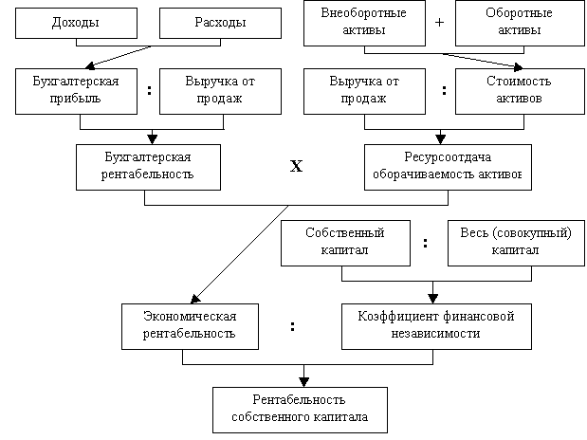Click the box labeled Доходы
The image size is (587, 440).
coord(77,23)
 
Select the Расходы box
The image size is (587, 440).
coord(221,23)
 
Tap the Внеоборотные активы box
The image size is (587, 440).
coord(365,23)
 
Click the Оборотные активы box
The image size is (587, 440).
coord(520,23)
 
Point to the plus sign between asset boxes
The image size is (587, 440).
coord(440,23)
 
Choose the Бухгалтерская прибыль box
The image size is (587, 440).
coord(77,91)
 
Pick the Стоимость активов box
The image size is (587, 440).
coord(520,91)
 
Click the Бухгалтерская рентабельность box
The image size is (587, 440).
coord(148,168)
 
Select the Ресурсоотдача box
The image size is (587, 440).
coord(449,168)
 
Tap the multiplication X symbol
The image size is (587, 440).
coord(296,166)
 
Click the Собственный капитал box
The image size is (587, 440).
coord(345,244)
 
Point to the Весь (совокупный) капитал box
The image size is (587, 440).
coord(516,244)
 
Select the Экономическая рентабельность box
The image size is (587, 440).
coord(191,326)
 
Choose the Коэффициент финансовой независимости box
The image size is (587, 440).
coord(436,326)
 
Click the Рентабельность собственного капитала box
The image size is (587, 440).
coord(301,410)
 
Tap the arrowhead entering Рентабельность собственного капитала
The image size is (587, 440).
coord(304,382)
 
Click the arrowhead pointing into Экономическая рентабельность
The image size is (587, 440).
coord(195,299)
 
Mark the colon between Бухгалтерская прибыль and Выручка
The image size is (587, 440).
coord(150,90)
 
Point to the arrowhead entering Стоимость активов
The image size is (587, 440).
coord(519,67)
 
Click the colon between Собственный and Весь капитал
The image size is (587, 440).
coord(425,243)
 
